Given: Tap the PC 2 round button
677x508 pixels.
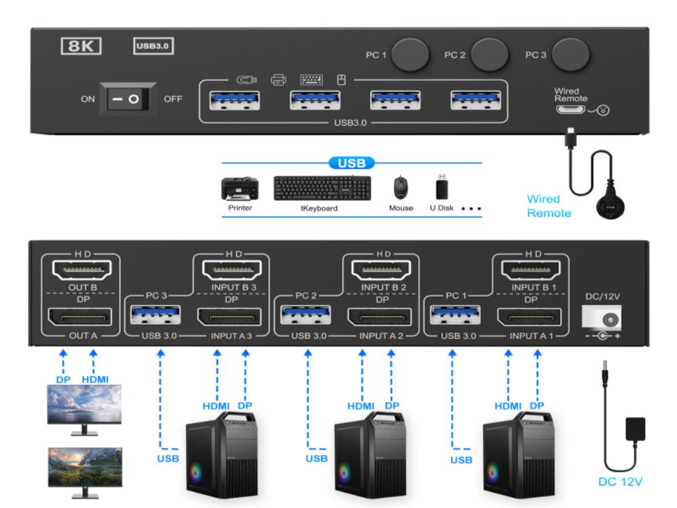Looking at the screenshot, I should click(x=490, y=55).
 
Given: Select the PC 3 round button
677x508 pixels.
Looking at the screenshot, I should click(x=570, y=55).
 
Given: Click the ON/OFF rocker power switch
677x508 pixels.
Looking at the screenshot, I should click(x=127, y=99).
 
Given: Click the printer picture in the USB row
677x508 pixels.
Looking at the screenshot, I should click(x=239, y=187).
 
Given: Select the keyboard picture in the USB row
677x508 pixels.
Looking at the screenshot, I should click(x=323, y=188).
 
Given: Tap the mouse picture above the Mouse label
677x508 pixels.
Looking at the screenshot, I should click(x=401, y=187).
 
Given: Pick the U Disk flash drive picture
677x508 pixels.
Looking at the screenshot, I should click(x=440, y=187).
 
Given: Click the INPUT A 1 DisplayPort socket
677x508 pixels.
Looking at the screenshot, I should click(x=529, y=317).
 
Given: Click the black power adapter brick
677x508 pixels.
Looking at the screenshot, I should click(x=633, y=431).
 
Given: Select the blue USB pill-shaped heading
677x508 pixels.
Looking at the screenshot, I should click(x=352, y=163).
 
